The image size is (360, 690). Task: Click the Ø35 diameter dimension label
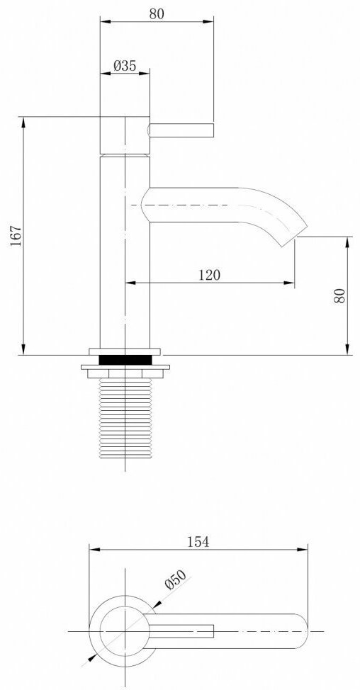pos(125,66)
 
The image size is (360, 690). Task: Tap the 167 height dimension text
pos(16,237)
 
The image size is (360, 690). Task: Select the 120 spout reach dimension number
pos(209,275)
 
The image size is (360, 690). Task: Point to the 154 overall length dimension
pos(198,542)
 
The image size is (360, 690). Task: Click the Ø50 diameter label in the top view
pos(176,579)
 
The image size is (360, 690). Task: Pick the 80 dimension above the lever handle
pos(156,13)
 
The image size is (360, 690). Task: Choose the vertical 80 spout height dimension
pos(339,295)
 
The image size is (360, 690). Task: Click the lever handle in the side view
pos(181,130)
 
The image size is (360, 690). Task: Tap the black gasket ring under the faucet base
pos(125,360)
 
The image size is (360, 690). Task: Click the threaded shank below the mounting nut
pos(125,418)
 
